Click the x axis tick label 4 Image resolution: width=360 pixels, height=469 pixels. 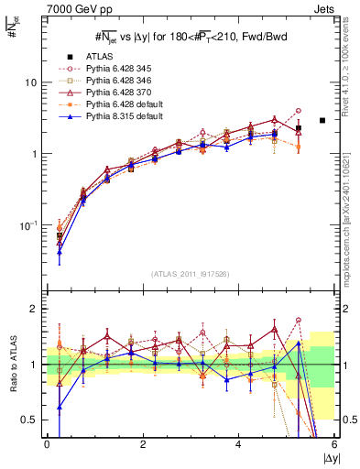pyautogui.click(x=238, y=444)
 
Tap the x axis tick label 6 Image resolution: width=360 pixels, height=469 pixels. pyautogui.click(x=333, y=444)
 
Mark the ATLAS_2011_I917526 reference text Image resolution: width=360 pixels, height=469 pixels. pyautogui.click(x=191, y=274)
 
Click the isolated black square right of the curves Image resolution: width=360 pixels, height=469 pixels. pyautogui.click(x=322, y=120)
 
